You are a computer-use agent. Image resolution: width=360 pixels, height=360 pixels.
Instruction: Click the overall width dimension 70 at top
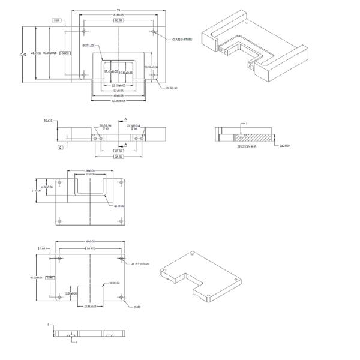119,9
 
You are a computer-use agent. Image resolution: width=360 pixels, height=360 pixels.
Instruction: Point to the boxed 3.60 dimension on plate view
43,248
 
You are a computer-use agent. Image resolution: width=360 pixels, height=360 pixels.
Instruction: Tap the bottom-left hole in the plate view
59,297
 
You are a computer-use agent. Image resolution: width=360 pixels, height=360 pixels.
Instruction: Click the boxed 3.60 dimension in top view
56,20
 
